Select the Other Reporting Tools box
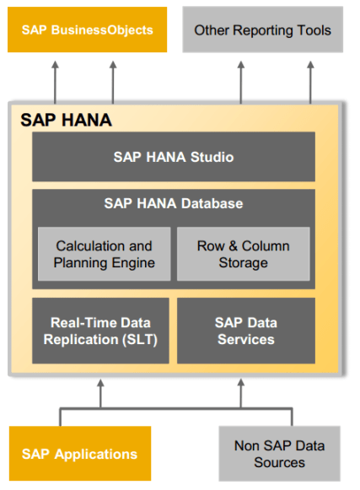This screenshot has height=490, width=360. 262,30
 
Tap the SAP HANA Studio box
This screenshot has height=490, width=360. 173,157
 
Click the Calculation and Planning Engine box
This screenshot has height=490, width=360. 104,254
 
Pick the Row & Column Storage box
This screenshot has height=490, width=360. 243,254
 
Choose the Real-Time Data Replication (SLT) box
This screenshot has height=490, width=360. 100,331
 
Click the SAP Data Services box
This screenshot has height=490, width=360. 245,331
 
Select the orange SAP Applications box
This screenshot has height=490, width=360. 80,454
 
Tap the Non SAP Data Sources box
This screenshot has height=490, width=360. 279,454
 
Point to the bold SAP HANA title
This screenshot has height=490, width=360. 66,120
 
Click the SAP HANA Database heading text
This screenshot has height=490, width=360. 173,203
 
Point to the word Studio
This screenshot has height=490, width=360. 211,157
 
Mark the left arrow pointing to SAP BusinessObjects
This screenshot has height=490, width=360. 55,80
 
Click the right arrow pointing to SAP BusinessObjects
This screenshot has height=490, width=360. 112,80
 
